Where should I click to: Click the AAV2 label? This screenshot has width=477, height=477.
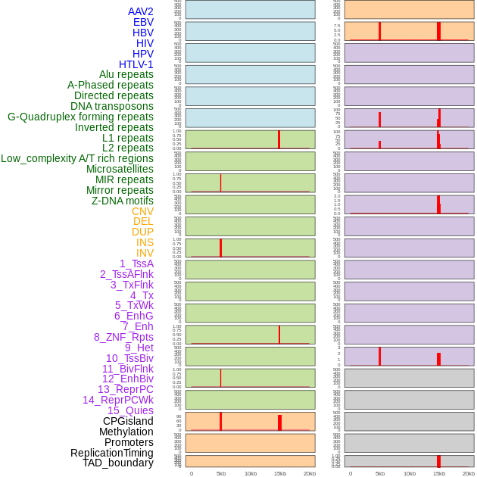[x=140, y=11]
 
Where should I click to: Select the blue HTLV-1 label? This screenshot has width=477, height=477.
[x=136, y=64]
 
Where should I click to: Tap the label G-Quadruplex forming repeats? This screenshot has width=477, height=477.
[x=80, y=117]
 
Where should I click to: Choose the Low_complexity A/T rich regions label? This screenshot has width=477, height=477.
[x=76, y=158]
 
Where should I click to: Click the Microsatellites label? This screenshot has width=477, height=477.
[x=120, y=169]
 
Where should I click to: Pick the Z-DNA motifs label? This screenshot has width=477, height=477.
[x=122, y=201]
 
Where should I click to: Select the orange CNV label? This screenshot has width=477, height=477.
[x=142, y=211]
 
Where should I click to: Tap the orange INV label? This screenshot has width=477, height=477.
[x=145, y=253]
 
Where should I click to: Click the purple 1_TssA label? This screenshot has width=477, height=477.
[x=136, y=263]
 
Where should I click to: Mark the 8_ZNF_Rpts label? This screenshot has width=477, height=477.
[x=123, y=337]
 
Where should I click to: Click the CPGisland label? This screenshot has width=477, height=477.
[x=128, y=421]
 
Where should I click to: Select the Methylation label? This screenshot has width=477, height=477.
[x=126, y=432]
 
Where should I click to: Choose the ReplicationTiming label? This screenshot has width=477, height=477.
[x=111, y=453]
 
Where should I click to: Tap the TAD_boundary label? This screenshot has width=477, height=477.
[x=118, y=463]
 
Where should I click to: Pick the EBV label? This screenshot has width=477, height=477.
[x=143, y=22]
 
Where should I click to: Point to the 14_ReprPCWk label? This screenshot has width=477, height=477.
[x=117, y=400]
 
